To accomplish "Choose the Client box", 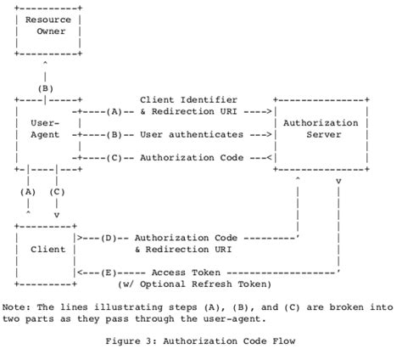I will coord(47,250).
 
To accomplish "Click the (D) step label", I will coord(109,237).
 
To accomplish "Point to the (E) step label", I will coord(109,272).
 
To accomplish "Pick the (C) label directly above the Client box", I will coord(57,192).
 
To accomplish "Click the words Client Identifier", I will coord(188,100).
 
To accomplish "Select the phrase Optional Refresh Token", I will coord(204,284).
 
